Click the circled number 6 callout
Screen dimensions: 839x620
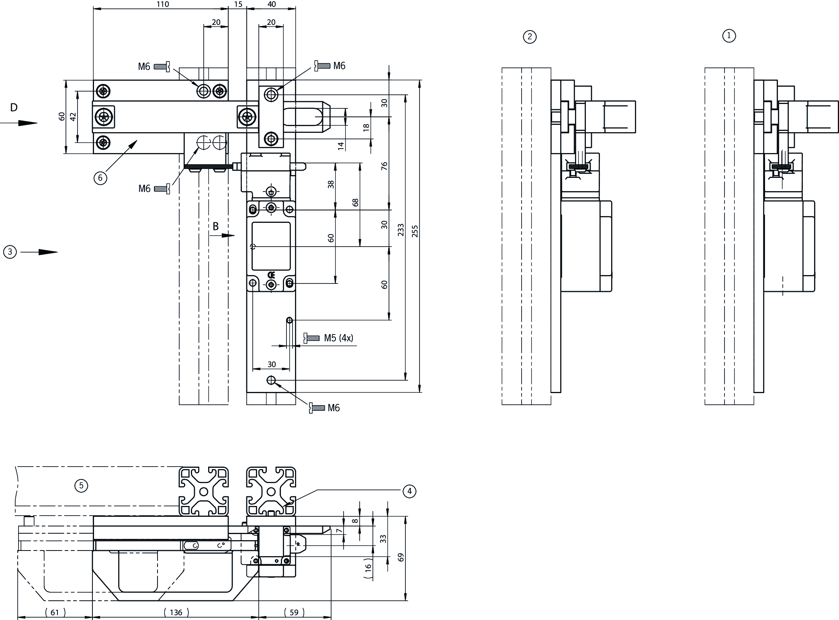click(x=100, y=177)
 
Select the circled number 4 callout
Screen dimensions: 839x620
click(x=409, y=491)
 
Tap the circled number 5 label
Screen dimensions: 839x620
click(x=81, y=486)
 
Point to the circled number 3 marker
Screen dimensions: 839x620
click(x=10, y=252)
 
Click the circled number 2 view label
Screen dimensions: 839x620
click(x=530, y=37)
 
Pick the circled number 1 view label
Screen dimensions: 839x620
click(x=729, y=36)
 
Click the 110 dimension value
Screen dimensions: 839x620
click(x=163, y=4)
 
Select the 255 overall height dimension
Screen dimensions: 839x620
click(x=415, y=231)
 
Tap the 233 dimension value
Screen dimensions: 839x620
click(x=401, y=230)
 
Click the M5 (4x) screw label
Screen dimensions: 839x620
click(x=338, y=338)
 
